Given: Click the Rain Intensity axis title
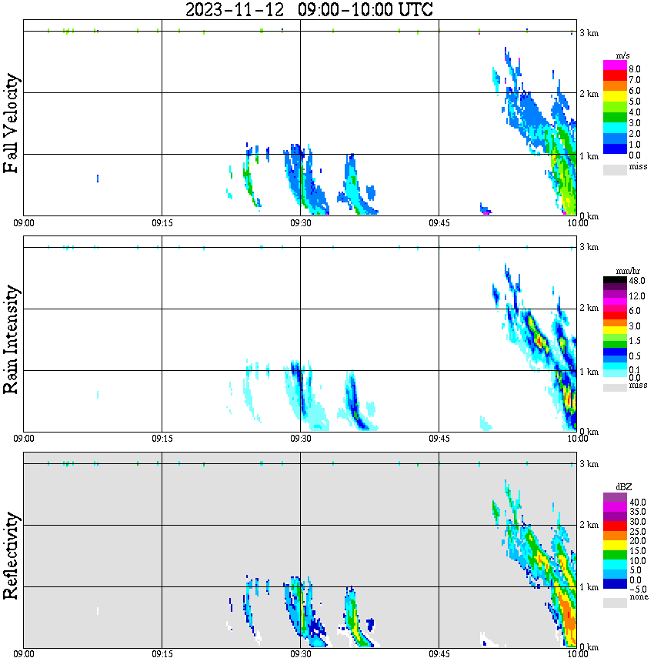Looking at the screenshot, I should pyautogui.click(x=11, y=339).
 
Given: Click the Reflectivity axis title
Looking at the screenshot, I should pyautogui.click(x=11, y=555).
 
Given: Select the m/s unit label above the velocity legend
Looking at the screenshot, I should pyautogui.click(x=623, y=56).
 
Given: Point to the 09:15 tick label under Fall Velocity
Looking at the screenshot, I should pyautogui.click(x=162, y=222).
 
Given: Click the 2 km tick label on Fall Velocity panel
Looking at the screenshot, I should pyautogui.click(x=589, y=94).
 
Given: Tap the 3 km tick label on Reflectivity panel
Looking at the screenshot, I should pyautogui.click(x=589, y=464).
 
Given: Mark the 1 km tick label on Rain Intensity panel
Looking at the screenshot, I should pyautogui.click(x=589, y=372).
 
